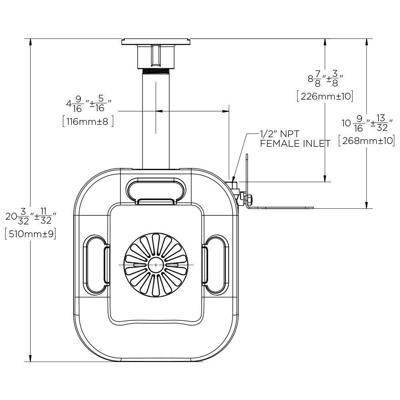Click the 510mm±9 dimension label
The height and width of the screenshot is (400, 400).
pos(30,234)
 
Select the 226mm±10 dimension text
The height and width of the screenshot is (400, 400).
pos(324,96)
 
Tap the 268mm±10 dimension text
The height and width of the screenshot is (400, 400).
pos(366,141)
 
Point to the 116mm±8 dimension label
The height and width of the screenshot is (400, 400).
pos(88,121)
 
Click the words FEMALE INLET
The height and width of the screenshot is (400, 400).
pos(295,144)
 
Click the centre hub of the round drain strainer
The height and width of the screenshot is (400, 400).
pos(156,265)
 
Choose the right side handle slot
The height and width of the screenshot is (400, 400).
pos(216,264)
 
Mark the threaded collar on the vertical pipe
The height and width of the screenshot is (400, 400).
pos(156,71)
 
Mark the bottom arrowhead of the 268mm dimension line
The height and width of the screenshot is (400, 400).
pos(366,205)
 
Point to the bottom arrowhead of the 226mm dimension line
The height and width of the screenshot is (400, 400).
pos(325,178)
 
